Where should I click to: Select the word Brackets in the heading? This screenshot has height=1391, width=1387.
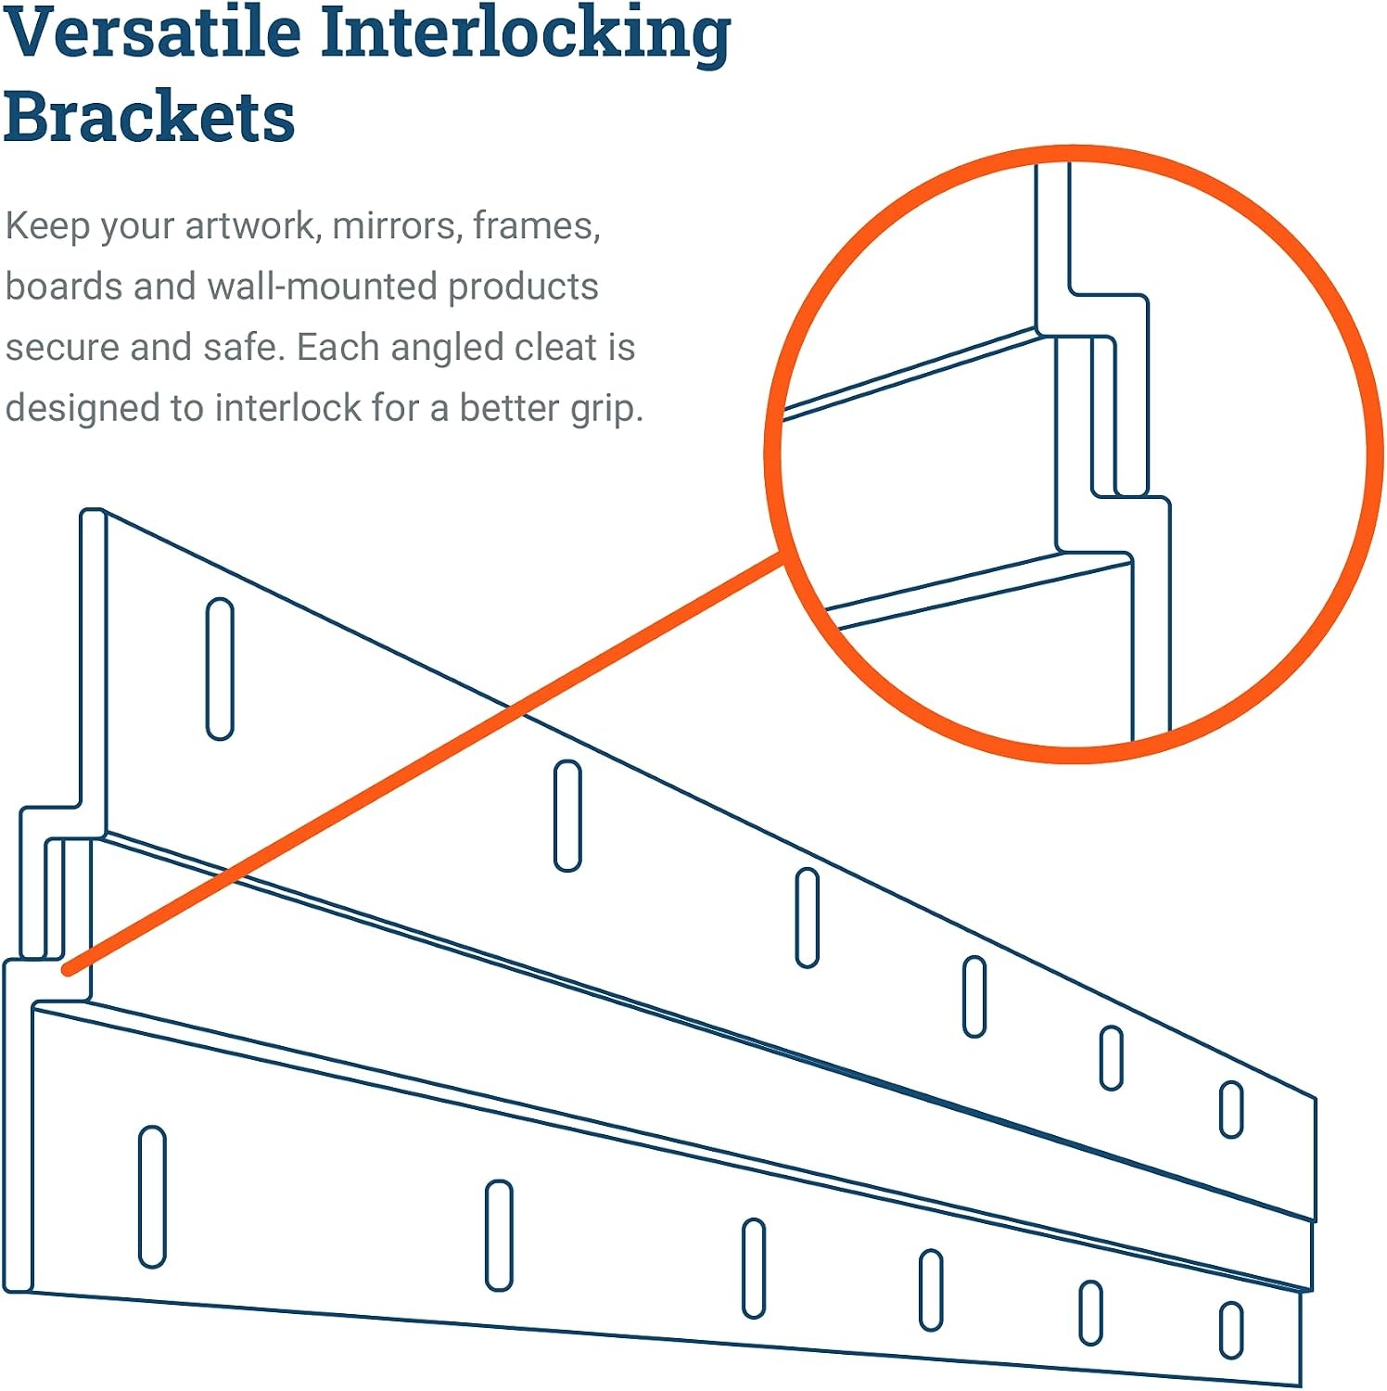pyautogui.click(x=149, y=117)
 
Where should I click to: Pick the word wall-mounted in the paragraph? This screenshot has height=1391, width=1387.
pyautogui.click(x=324, y=287)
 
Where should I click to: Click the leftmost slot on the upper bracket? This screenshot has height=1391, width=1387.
pyautogui.click(x=220, y=669)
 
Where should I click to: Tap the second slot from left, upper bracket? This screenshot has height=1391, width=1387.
pyautogui.click(x=567, y=815)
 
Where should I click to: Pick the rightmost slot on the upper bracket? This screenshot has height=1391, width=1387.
pyautogui.click(x=1231, y=1109)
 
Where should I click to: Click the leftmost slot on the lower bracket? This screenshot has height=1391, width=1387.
pyautogui.click(x=152, y=1196)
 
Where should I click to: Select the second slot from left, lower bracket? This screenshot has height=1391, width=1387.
pyautogui.click(x=499, y=1235)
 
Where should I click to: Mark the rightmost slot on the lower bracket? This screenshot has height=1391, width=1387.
pyautogui.click(x=1231, y=1331)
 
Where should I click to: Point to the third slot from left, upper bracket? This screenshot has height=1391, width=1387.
pyautogui.click(x=808, y=918)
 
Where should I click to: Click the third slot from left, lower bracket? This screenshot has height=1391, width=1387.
pyautogui.click(x=754, y=1269)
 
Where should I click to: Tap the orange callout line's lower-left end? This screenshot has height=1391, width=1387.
pyautogui.click(x=67, y=969)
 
